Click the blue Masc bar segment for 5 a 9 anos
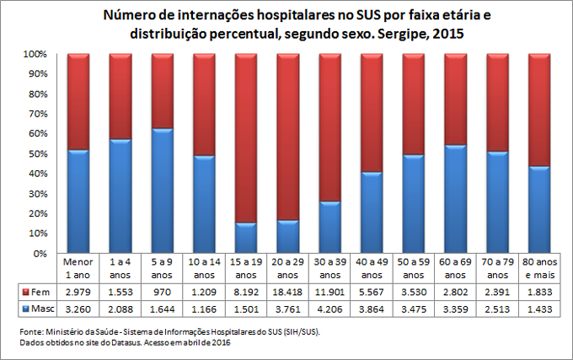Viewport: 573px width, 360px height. (162, 191)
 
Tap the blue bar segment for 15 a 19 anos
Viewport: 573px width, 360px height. (245, 238)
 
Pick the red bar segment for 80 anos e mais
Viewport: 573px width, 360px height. (539, 110)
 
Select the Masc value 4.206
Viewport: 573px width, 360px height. (329, 309)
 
